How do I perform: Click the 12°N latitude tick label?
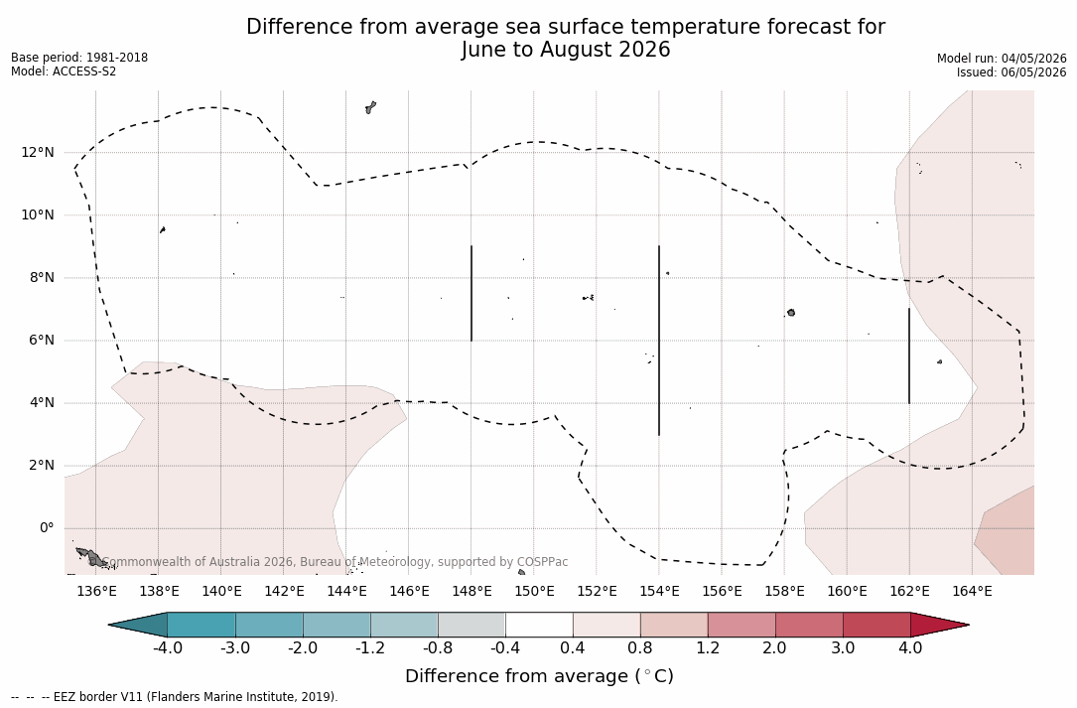pos(37,152)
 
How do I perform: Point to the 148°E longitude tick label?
pos(471,591)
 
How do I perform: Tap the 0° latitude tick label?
pos(46,528)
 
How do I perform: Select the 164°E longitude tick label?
pos(972,591)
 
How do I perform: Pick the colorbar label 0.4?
pos(573,648)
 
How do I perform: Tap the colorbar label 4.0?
pos(910,648)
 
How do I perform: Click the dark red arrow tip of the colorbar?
pos(967,625)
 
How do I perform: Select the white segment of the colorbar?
pos(539,625)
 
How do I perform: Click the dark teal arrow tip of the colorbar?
pos(111,625)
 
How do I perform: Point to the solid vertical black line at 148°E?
pos(471,293)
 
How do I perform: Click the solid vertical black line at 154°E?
pos(659,341)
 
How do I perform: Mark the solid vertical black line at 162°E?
pos(908,356)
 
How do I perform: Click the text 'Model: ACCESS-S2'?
pos(64,71)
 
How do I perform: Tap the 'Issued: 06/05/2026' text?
pos(1011,72)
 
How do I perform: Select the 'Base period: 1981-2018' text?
pos(79,58)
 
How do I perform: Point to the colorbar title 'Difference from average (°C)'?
pos(539,676)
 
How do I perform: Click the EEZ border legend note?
pos(175,697)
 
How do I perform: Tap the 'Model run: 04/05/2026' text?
pos(1002,59)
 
